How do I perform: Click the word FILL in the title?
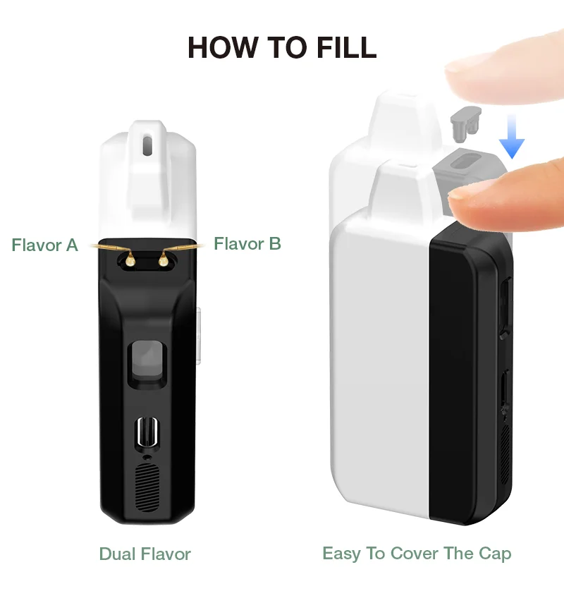(346, 48)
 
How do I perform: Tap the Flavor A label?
(44, 245)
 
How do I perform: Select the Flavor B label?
(247, 244)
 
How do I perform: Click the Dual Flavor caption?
(145, 554)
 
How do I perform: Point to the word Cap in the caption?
(495, 554)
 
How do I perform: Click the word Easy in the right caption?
(341, 554)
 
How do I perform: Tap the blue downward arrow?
(512, 137)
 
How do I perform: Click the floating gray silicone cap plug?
(465, 123)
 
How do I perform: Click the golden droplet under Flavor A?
(130, 260)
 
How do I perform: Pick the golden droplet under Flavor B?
(163, 260)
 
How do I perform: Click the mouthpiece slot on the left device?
(147, 145)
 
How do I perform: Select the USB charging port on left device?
(147, 432)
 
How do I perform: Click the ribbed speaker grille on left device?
(147, 487)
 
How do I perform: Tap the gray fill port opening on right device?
(464, 161)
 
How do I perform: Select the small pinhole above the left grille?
(147, 457)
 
